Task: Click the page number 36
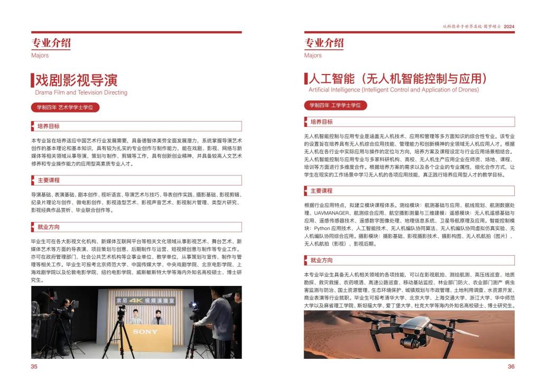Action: (511, 366)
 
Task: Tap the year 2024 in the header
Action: (509, 26)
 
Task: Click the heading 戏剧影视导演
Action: (76, 80)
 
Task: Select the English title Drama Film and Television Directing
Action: (81, 92)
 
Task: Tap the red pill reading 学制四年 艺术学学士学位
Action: (64, 107)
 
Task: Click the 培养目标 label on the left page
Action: (49, 126)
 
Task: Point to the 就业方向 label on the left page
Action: (49, 228)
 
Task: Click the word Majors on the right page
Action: (313, 55)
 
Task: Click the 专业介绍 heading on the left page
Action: (51, 43)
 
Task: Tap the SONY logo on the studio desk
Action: (145, 331)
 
